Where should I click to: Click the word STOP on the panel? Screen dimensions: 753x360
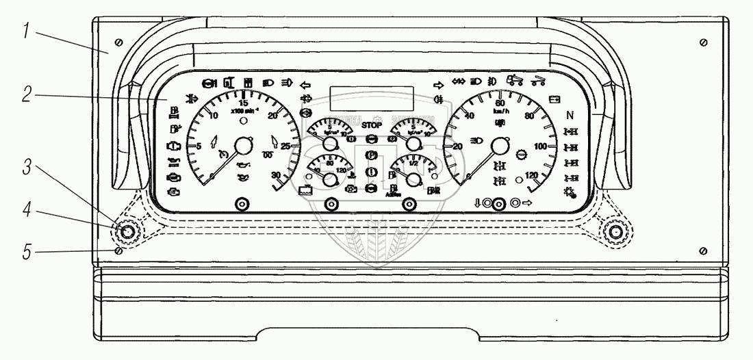point(372,126)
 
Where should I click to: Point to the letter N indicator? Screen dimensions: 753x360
point(569,115)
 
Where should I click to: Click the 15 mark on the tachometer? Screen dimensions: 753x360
point(243,103)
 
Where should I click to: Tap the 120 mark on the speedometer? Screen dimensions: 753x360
point(531,176)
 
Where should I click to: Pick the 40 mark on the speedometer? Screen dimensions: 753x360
point(470,116)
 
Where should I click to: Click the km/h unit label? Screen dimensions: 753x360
point(500,111)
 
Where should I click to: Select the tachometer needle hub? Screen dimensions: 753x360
point(242,146)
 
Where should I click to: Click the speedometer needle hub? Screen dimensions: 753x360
point(500,146)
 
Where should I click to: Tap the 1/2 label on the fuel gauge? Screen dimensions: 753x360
point(413,164)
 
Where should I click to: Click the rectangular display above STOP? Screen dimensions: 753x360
point(371,98)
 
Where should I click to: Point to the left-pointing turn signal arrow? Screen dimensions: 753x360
point(305,85)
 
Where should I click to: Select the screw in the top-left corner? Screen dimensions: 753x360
point(119,43)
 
